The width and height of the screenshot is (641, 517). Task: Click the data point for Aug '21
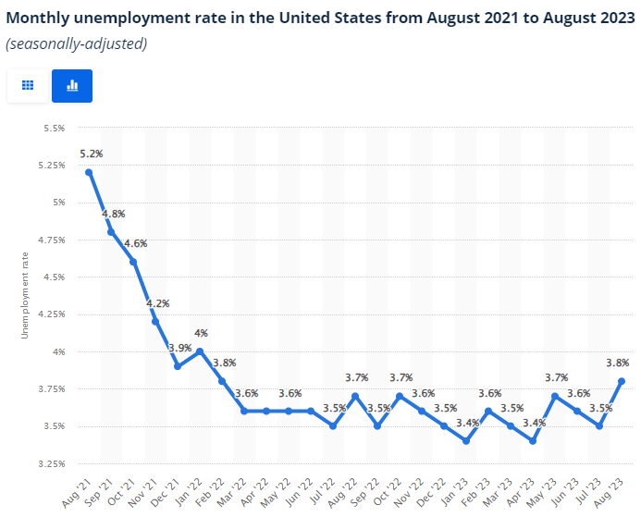[x=89, y=172]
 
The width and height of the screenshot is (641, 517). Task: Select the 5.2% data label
[x=91, y=154]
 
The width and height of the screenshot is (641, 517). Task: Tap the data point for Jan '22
[x=200, y=351]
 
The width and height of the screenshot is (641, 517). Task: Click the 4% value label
[x=201, y=333]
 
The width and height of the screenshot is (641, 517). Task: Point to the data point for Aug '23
[x=622, y=381]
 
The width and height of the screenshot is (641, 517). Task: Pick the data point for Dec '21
[x=178, y=366]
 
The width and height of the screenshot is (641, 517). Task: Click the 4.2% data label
[x=157, y=303]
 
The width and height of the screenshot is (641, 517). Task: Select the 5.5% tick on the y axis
[x=53, y=128]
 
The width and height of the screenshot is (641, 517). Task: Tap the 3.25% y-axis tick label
[x=50, y=463]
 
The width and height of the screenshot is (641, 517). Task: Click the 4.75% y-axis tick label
[x=50, y=240]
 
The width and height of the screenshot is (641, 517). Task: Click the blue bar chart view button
[x=72, y=85]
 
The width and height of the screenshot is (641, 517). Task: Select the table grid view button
[x=28, y=85]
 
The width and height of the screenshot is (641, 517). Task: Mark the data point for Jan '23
[x=466, y=441]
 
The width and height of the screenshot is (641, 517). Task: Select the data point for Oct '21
[x=133, y=262]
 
